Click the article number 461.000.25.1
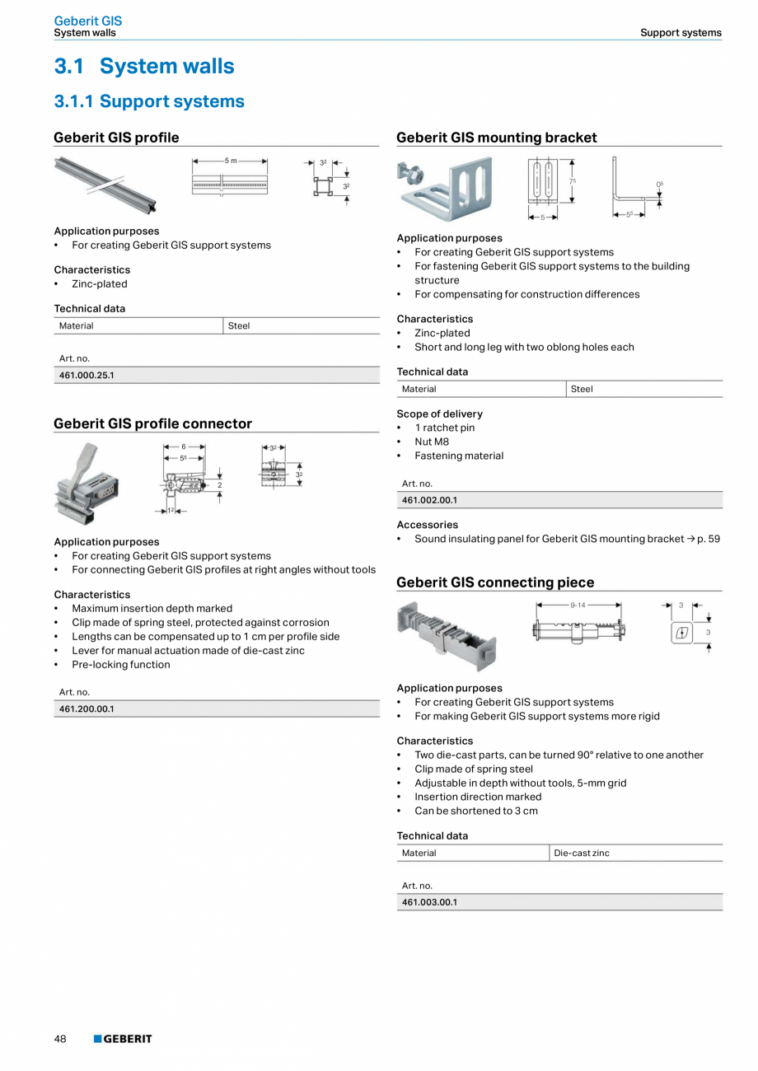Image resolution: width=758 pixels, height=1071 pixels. point(87,375)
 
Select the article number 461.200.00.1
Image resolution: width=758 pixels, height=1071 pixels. point(87,709)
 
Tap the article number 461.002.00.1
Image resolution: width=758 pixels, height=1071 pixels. point(429,500)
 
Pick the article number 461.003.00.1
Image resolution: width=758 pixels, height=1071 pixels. point(429,902)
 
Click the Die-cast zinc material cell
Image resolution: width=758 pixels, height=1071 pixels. point(582,853)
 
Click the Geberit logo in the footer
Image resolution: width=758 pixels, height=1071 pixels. point(123,1039)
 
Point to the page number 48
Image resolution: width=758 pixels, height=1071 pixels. point(60,1039)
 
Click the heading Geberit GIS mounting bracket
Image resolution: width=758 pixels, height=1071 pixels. point(496,138)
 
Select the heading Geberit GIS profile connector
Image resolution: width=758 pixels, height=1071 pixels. point(152,423)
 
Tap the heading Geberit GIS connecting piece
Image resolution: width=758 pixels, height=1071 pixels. point(494,582)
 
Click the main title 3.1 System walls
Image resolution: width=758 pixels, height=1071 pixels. point(144,66)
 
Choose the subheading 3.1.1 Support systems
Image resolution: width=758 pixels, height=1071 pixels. point(149,101)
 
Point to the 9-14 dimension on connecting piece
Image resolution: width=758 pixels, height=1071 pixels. point(578,605)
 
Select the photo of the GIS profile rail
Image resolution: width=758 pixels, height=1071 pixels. point(105,183)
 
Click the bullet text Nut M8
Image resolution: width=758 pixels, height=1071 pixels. point(432,442)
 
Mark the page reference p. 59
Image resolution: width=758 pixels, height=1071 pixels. point(708,539)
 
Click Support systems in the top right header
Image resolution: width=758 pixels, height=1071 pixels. point(681,33)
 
